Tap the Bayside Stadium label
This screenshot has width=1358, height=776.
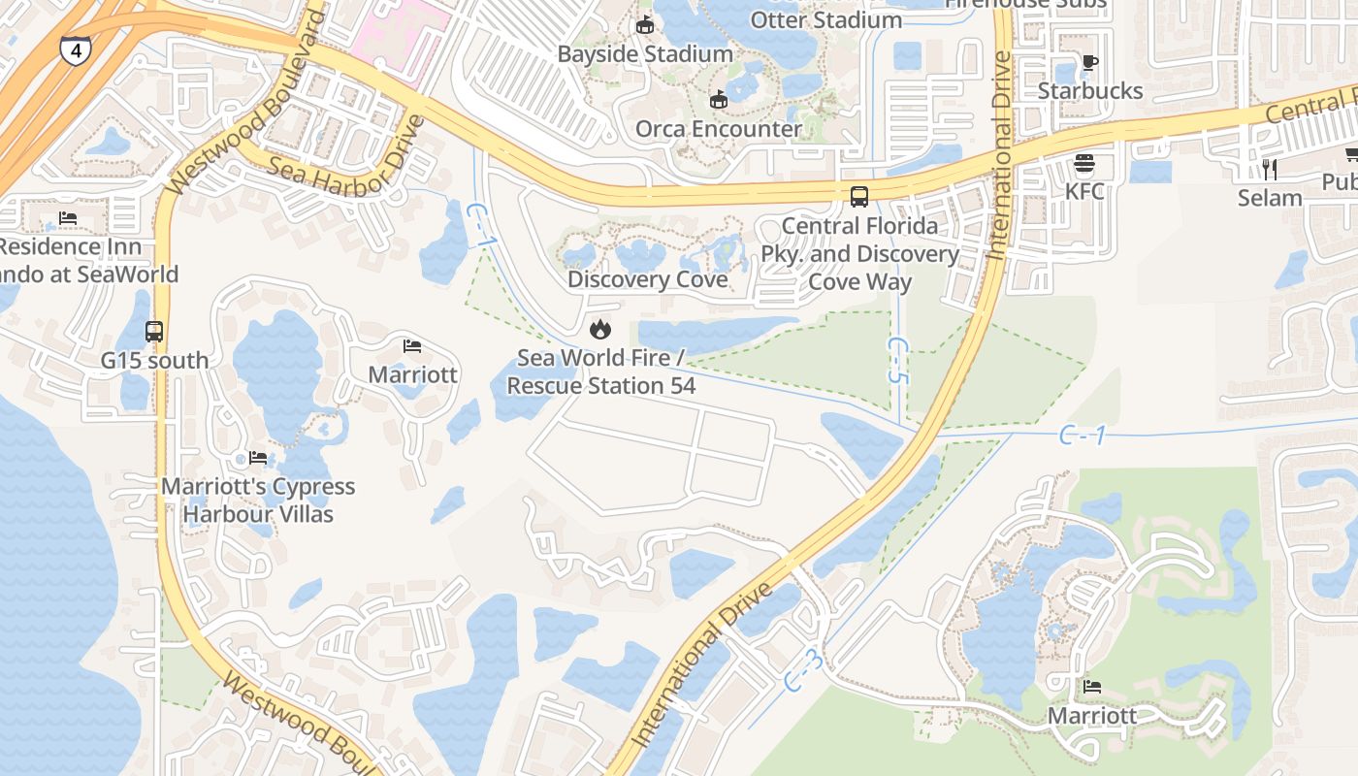[645, 54]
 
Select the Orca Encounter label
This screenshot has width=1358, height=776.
[718, 129]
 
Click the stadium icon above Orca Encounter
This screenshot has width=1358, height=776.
[718, 100]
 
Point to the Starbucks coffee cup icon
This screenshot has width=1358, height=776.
[1090, 63]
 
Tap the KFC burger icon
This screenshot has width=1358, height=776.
[1084, 163]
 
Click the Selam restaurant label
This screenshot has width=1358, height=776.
[1270, 198]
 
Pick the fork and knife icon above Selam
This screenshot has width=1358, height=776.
[1270, 170]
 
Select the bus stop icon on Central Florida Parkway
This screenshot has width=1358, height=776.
[859, 197]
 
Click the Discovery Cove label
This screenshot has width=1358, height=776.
[647, 279]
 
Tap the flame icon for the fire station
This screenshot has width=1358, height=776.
[600, 329]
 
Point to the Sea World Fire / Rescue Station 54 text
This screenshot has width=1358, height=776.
[601, 372]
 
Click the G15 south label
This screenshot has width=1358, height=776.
[154, 361]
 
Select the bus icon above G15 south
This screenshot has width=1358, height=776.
[154, 332]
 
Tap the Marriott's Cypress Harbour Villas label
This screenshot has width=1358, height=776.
[258, 500]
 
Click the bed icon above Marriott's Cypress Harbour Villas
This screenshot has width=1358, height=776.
[258, 458]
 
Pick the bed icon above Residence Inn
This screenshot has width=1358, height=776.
[68, 218]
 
